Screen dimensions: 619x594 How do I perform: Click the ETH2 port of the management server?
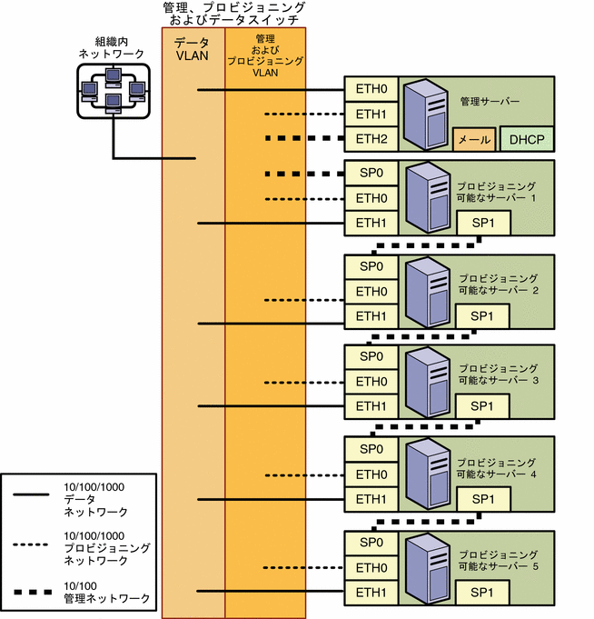(x=371, y=139)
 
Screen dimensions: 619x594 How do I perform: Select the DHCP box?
(x=524, y=140)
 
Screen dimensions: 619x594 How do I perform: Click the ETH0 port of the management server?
(x=371, y=90)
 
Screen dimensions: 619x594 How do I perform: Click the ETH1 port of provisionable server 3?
(x=371, y=406)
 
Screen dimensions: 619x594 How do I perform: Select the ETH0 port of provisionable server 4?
(x=371, y=474)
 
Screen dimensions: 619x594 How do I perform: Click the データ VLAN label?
(x=193, y=48)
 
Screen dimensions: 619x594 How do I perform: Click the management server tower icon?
(x=425, y=115)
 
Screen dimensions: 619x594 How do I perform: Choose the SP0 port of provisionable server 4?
(x=371, y=449)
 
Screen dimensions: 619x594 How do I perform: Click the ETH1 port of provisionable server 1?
(x=371, y=223)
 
